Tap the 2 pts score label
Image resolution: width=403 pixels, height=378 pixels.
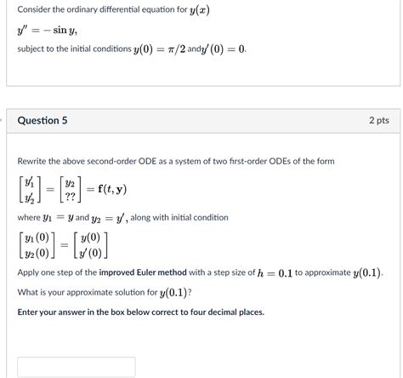pos(379,121)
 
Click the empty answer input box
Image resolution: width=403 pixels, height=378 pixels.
pos(76,367)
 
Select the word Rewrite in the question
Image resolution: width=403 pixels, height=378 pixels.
pos(34,162)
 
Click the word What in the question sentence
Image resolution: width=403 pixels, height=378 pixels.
pos(29,293)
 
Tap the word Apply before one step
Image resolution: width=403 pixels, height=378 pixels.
pos(30,273)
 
